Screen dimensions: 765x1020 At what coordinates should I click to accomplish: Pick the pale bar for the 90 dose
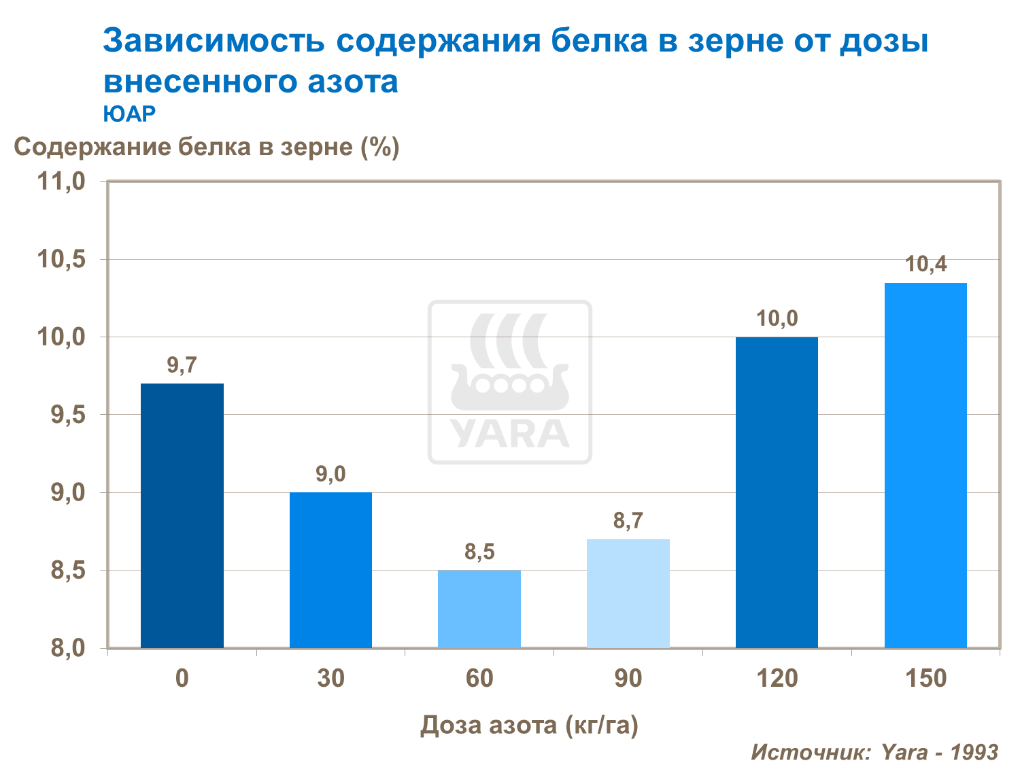(628, 593)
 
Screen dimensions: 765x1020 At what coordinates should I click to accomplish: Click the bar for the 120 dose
(777, 492)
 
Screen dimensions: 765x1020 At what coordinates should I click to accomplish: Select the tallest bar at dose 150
(925, 465)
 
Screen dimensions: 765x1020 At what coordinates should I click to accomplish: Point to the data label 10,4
(925, 264)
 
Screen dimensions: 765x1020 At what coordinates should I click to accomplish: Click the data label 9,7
(182, 366)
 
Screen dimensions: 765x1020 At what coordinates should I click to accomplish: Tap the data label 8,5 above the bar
(479, 552)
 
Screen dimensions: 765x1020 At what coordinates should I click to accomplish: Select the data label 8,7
(628, 521)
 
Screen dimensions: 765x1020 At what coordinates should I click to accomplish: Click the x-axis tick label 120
(777, 679)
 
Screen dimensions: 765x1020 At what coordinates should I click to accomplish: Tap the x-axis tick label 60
(479, 679)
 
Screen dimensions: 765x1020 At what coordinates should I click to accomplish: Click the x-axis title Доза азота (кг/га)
(529, 726)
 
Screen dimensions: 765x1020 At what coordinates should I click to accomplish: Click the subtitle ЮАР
(129, 114)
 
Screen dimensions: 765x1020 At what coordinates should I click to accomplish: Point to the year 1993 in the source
(974, 752)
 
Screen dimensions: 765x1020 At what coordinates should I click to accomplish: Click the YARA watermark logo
(510, 382)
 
